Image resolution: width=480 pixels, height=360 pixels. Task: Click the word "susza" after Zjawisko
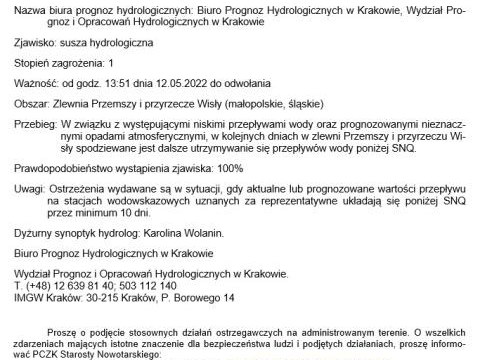79,45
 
